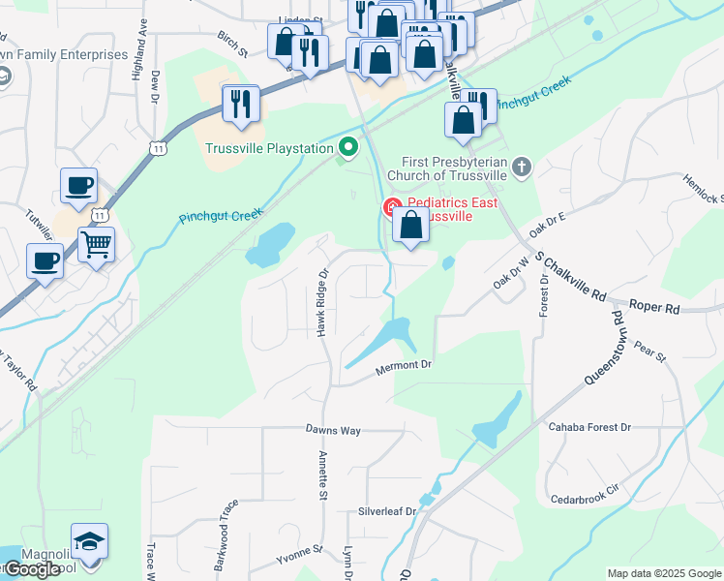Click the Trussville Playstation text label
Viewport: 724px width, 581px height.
tap(270, 148)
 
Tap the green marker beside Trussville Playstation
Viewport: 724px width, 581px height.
tap(348, 148)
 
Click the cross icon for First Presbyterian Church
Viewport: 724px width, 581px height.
tap(522, 167)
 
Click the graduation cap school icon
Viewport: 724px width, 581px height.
tap(89, 540)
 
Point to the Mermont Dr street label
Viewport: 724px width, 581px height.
tap(404, 364)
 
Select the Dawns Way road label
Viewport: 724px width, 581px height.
tap(333, 429)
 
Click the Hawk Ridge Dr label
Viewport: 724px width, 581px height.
tap(324, 303)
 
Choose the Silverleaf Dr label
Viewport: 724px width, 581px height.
tap(387, 510)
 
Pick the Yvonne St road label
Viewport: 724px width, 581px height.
tap(298, 552)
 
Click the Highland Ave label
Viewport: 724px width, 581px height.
tap(142, 43)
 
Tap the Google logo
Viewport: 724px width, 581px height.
tap(32, 569)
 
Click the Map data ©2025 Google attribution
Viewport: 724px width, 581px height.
tap(664, 573)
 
